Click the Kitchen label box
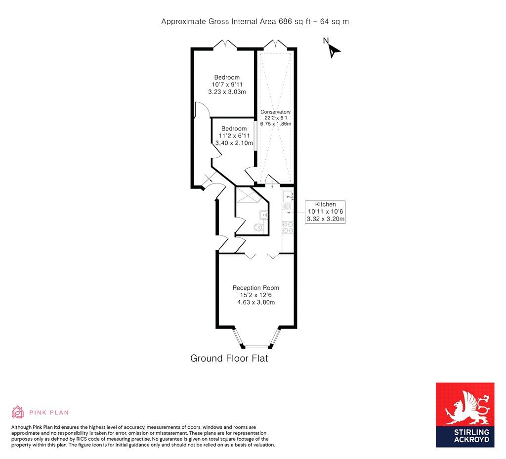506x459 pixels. click(325, 212)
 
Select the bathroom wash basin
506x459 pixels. click(264, 215)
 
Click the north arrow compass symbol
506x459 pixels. click(333, 48)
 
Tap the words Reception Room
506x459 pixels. click(256, 288)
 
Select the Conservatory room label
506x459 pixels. click(275, 112)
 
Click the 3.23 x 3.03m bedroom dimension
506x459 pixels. click(227, 92)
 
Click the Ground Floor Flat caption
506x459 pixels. click(229, 358)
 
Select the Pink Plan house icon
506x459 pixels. click(18, 412)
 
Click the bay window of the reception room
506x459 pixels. click(256, 340)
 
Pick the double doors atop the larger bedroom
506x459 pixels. click(225, 45)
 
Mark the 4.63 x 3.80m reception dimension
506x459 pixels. click(256, 302)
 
